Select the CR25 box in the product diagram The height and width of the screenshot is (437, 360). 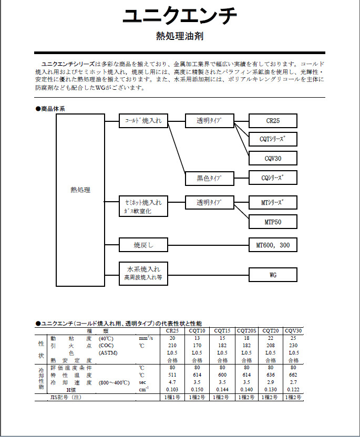pyautogui.click(x=273, y=121)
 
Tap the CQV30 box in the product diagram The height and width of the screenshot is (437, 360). pyautogui.click(x=273, y=158)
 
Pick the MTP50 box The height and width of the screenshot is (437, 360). pyautogui.click(x=273, y=222)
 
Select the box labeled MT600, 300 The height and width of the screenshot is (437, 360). pyautogui.click(x=273, y=245)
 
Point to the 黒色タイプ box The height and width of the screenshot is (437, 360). pyautogui.click(x=209, y=178)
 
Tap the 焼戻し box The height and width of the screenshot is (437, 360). pyautogui.click(x=143, y=245)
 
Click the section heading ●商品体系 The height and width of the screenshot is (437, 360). pyautogui.click(x=50, y=109)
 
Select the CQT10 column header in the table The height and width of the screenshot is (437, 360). pyautogui.click(x=198, y=331)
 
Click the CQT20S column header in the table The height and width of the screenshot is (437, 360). pyautogui.click(x=245, y=331)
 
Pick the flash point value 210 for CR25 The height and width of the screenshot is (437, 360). pyautogui.click(x=172, y=346)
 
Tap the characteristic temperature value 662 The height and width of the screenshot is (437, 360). pyautogui.click(x=294, y=375)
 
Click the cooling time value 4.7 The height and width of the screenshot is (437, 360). pyautogui.click(x=172, y=382)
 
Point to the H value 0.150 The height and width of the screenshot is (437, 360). pyautogui.click(x=198, y=390)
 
